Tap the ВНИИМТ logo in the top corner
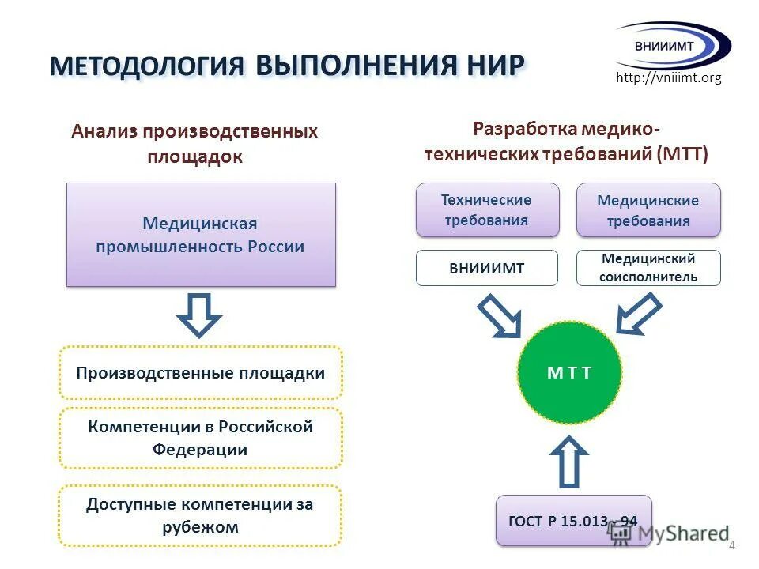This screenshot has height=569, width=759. point(673,45)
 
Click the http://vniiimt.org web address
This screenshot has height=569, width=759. point(668,78)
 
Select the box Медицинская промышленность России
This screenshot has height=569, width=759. point(201,235)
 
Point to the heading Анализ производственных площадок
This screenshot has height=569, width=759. point(194,143)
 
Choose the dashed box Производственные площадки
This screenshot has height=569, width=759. point(201,372)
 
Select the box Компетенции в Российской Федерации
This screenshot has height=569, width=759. point(201,439)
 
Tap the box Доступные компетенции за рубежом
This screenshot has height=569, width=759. point(201,515)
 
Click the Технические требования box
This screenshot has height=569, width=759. point(487,210)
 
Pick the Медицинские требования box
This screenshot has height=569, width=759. point(648,210)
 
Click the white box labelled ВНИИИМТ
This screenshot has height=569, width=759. point(487,268)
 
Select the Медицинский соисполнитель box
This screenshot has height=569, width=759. point(648,268)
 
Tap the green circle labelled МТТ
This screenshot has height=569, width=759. point(569,373)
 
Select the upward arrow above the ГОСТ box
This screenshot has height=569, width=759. point(569,462)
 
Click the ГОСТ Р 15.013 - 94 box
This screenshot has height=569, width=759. point(574,520)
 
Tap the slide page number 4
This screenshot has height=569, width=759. point(731,546)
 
